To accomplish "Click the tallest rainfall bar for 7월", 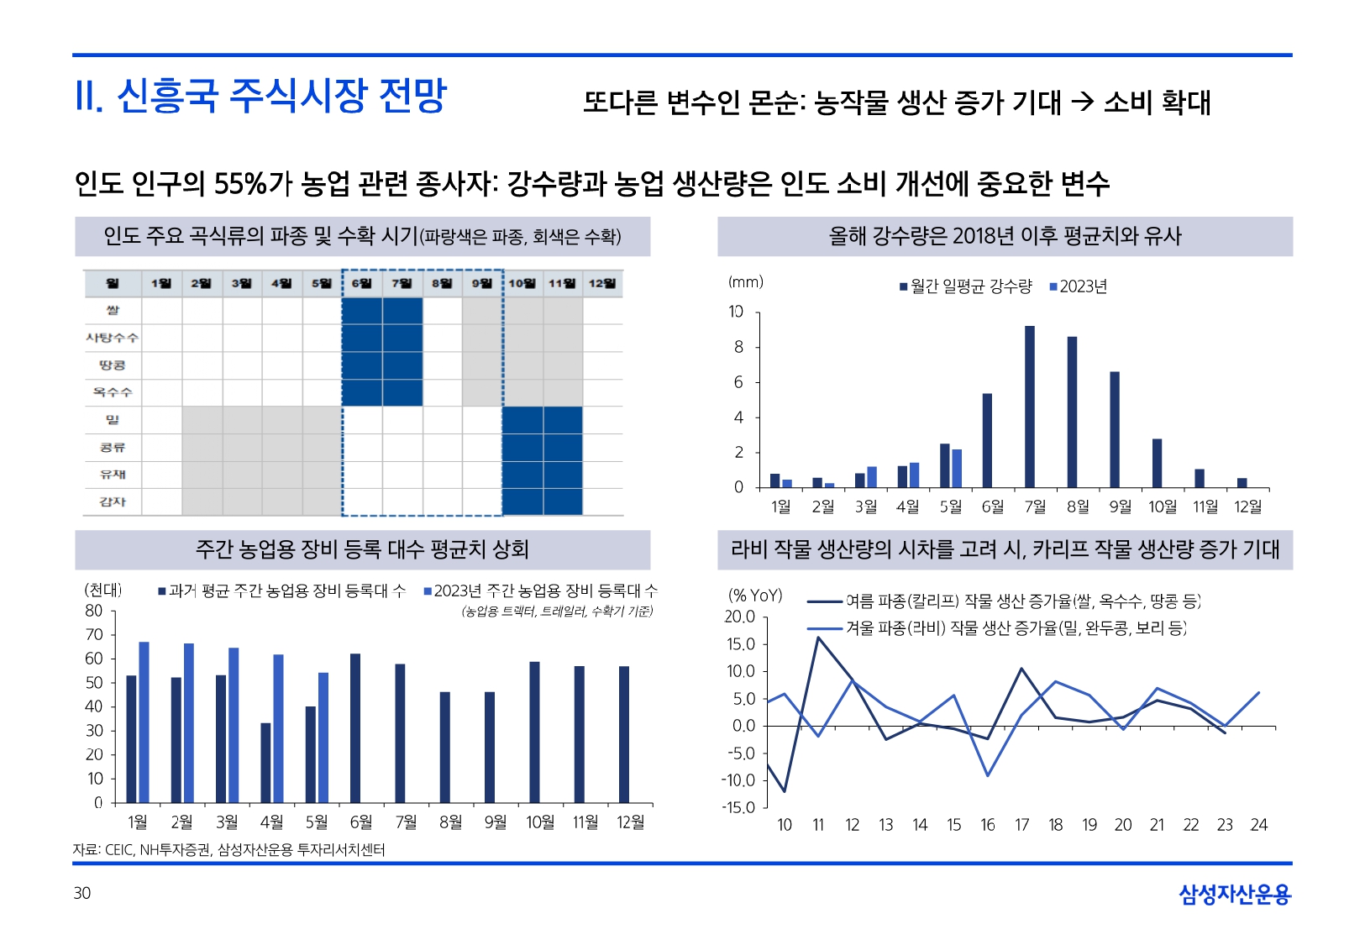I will pyautogui.click(x=1029, y=407).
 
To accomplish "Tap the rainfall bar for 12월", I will pyautogui.click(x=1242, y=483).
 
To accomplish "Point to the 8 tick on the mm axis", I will pyautogui.click(x=738, y=347).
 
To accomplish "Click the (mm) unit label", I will pyautogui.click(x=745, y=282).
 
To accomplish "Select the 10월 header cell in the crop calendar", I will pyautogui.click(x=522, y=283).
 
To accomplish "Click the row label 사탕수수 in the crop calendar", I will pyautogui.click(x=112, y=338).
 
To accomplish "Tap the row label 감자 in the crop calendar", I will pyautogui.click(x=112, y=501).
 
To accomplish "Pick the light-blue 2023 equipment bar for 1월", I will pyautogui.click(x=144, y=722).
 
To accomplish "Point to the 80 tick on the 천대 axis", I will pyautogui.click(x=93, y=611).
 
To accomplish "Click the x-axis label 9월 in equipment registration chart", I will pyautogui.click(x=495, y=822).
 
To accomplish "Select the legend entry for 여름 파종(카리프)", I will pyautogui.click(x=1004, y=601).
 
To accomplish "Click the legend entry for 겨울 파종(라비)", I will pyautogui.click(x=997, y=628).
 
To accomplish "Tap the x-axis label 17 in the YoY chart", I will pyautogui.click(x=1021, y=825).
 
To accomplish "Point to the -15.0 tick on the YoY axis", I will pyautogui.click(x=740, y=808).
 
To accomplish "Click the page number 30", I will pyautogui.click(x=81, y=893).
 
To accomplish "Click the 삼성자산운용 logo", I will pyautogui.click(x=1234, y=895).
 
